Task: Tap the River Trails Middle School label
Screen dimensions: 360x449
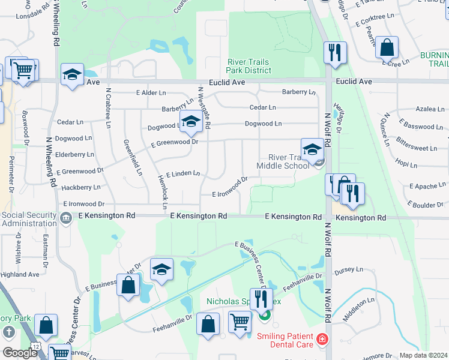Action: coord(283,161)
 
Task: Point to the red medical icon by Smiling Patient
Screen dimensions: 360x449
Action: coord(322,340)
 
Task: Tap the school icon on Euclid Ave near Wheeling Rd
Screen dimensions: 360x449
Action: coord(72,75)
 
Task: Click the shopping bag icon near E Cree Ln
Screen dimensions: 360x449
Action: coord(387,48)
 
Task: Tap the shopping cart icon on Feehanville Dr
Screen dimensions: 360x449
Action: coord(240,322)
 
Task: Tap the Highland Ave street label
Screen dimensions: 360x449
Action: coord(20,274)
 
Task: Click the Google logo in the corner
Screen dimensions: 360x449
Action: coord(20,353)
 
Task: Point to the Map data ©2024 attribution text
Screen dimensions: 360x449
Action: coord(423,355)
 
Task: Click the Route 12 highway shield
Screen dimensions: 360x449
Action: coord(37,347)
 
